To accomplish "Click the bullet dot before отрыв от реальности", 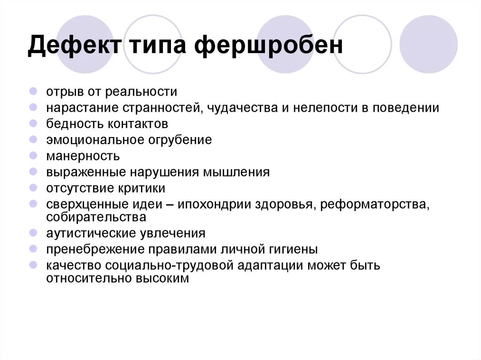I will (x=33, y=92).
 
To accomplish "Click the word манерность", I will (x=83, y=156).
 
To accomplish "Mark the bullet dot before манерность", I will (x=33, y=155).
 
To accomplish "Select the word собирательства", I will (x=96, y=217).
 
